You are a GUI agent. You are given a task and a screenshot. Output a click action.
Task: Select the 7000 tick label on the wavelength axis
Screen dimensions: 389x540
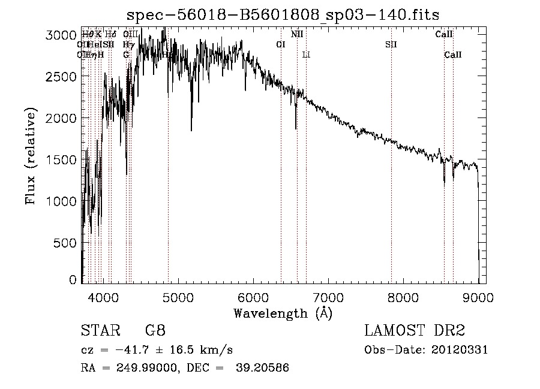pos(328,297)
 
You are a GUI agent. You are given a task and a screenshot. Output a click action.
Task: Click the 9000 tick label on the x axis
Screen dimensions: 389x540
pos(478,297)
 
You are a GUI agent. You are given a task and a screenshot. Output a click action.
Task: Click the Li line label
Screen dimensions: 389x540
pos(306,55)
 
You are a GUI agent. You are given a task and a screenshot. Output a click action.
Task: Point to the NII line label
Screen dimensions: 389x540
pos(297,34)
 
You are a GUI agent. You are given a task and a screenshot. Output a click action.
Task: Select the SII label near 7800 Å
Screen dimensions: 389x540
pos(391,44)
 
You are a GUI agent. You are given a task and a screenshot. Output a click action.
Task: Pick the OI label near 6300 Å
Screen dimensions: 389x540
pos(280,44)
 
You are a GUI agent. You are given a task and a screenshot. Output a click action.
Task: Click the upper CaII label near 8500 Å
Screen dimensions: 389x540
pos(444,34)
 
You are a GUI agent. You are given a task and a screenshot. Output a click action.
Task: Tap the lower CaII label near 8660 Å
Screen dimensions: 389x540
pos(453,55)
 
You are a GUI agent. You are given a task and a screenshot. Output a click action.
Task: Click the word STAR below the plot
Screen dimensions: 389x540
pos(99,331)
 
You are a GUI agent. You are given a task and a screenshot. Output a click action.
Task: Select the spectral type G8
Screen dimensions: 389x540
pos(155,331)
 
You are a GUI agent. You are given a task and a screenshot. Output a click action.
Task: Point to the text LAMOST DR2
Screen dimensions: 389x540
pos(415,331)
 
